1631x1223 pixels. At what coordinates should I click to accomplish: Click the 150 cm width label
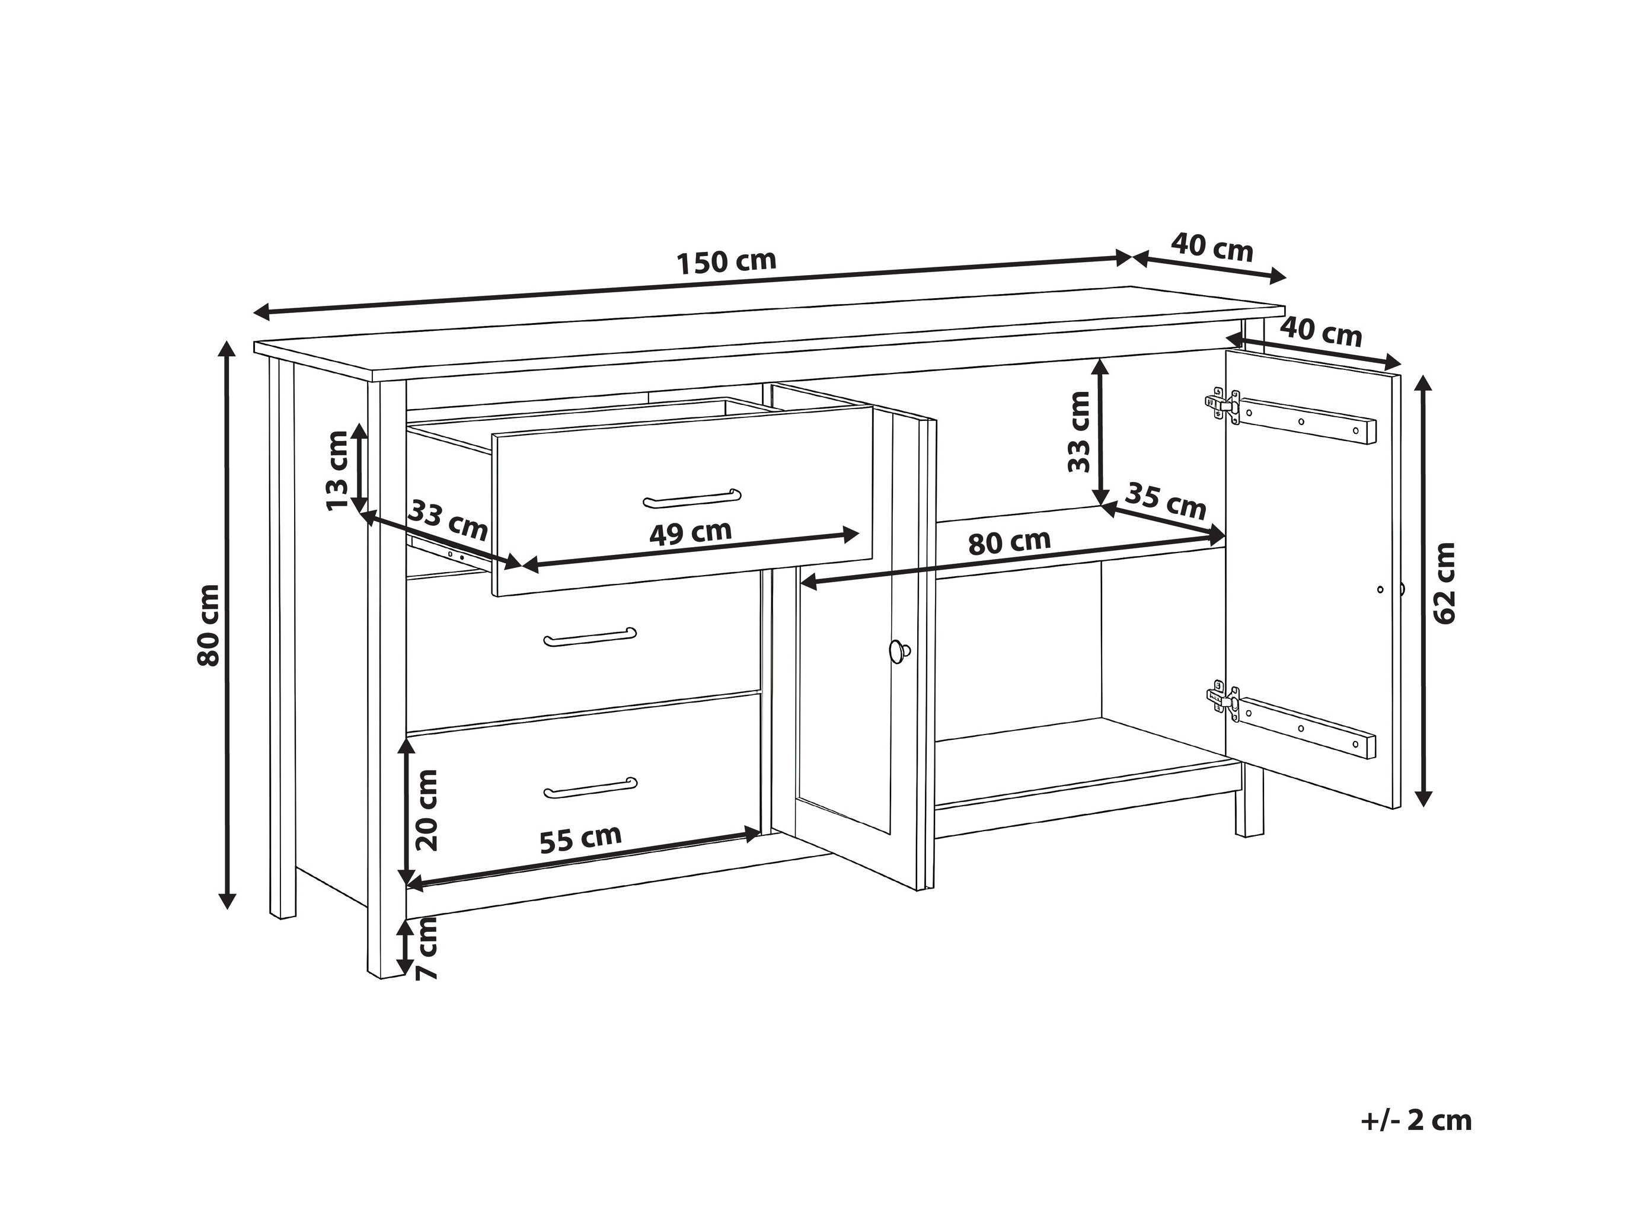click(x=726, y=261)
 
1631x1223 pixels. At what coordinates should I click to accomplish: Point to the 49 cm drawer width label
click(x=690, y=532)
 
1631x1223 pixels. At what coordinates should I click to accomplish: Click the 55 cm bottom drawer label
click(x=580, y=838)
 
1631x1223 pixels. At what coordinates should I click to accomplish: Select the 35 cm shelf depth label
click(x=1167, y=502)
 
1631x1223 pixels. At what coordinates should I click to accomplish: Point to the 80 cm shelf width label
click(x=1010, y=542)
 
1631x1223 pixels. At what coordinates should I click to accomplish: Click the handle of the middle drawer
click(x=591, y=638)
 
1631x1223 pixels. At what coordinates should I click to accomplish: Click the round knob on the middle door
click(x=899, y=651)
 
